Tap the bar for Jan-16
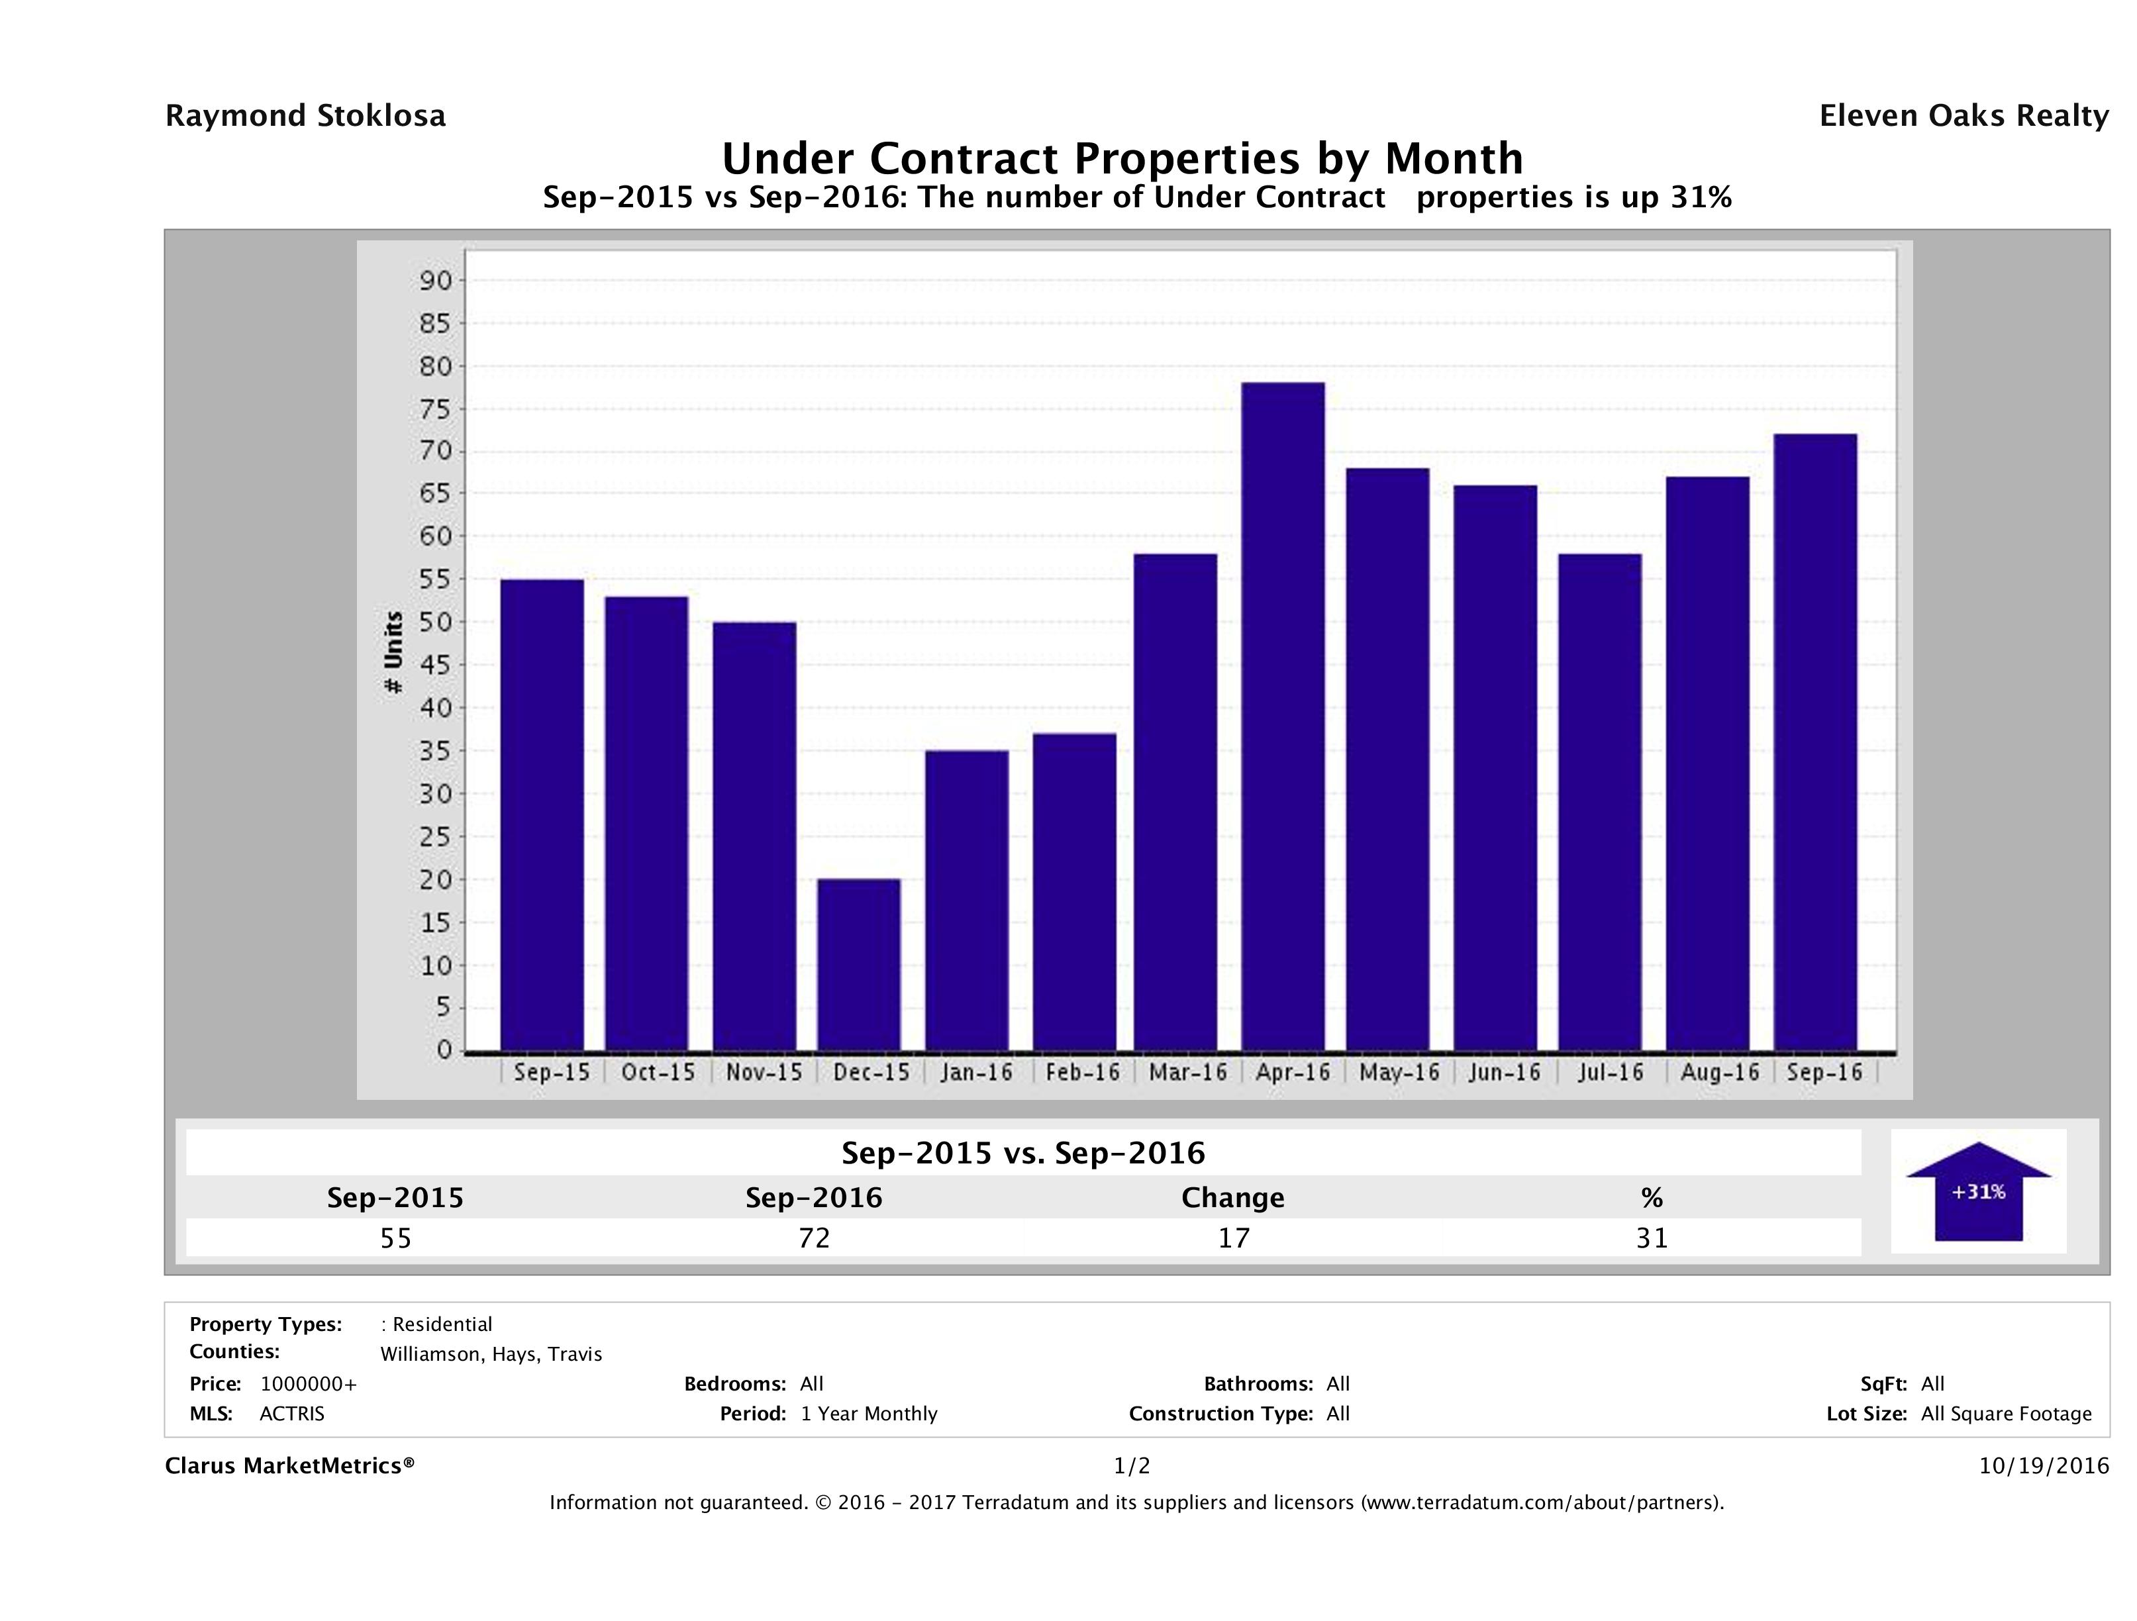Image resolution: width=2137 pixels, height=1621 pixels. click(x=966, y=901)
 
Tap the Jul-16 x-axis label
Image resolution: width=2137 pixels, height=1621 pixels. click(x=1611, y=1072)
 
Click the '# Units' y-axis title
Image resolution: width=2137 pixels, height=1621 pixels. click(x=393, y=652)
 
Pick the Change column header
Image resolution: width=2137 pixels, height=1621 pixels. click(x=1233, y=1198)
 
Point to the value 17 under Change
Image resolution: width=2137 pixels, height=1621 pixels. click(x=1234, y=1238)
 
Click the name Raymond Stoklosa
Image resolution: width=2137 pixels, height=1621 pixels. click(x=305, y=116)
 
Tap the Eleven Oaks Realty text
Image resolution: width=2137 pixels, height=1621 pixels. click(x=1964, y=116)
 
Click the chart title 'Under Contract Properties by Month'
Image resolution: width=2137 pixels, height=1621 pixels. click(x=1122, y=158)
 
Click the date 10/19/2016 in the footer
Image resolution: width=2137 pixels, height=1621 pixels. click(x=2043, y=1467)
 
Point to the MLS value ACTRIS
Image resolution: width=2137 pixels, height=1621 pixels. click(x=292, y=1414)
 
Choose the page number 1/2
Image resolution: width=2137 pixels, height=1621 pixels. click(x=1131, y=1467)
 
